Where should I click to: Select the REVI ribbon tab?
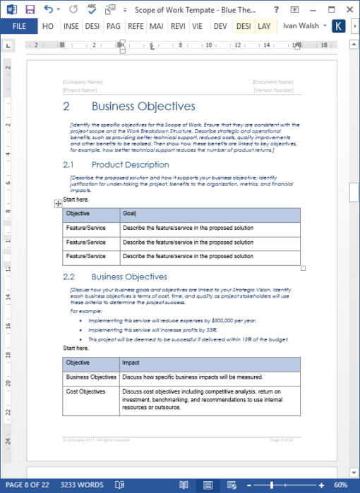179,26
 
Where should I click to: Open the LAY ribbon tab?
264,26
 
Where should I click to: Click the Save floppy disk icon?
30,9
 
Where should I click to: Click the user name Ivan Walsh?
303,26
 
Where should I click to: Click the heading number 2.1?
68,164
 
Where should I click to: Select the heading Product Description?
130,164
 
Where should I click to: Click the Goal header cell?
129,214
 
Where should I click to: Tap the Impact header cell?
131,363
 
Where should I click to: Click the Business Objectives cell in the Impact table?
91,377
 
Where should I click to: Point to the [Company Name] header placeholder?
83,82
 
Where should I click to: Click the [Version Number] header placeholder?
272,90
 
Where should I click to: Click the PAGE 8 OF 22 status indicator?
27,485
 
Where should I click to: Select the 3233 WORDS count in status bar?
81,485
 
